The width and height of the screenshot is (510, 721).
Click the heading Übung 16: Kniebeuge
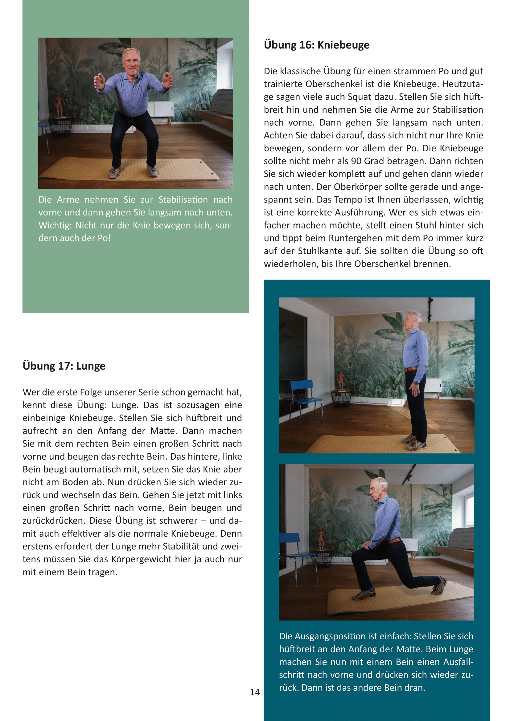coord(317,45)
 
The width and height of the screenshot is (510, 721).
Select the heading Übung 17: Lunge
coord(64,366)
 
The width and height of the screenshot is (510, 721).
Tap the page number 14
coord(255,692)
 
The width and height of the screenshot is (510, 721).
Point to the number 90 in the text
coord(356,161)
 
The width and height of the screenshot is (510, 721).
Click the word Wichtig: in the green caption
coord(56,225)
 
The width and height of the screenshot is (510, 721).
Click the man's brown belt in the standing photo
coord(411,369)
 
